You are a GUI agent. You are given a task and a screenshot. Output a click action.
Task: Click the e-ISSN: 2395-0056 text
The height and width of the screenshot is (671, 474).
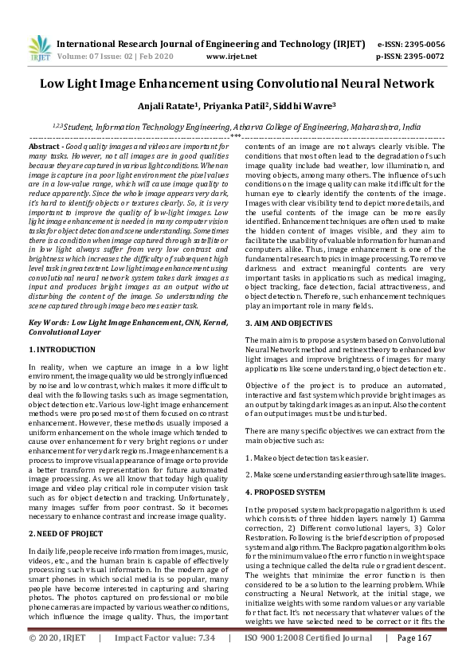coord(410,45)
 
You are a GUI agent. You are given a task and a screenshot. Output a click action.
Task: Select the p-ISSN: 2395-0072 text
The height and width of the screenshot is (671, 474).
coord(410,57)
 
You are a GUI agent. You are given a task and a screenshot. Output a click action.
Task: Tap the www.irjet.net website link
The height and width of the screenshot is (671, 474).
coord(231,57)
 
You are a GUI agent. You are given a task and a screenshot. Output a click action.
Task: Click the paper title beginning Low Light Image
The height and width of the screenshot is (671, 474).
coord(237,83)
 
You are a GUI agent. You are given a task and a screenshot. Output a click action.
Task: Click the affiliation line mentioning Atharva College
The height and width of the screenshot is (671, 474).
coord(237,126)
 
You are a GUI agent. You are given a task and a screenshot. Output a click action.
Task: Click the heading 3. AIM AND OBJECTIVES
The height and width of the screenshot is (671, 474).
coord(288,323)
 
